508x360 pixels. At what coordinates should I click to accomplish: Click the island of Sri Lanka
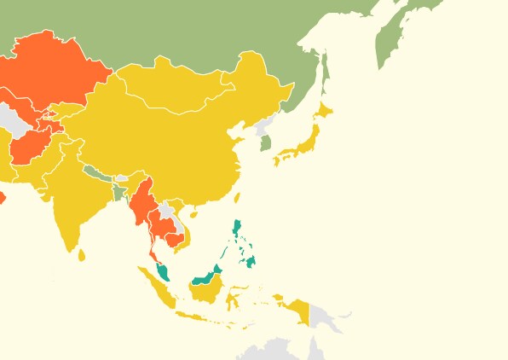pos(82,254)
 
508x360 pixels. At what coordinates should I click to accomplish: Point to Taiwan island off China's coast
pos(236,198)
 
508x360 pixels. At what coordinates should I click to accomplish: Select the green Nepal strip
pos(95,173)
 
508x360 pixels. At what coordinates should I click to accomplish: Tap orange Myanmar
pos(140,200)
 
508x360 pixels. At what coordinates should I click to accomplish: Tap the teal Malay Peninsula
pos(161,273)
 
